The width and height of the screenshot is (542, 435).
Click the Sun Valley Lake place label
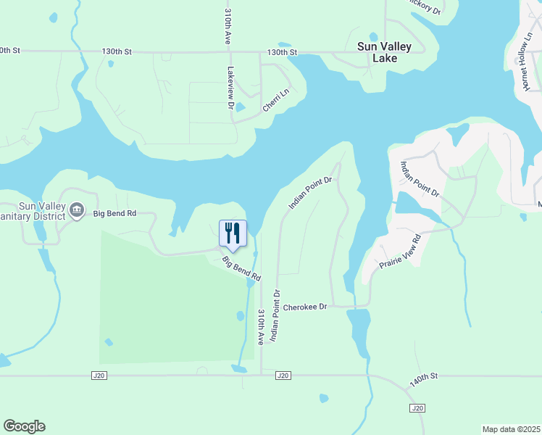point(384,52)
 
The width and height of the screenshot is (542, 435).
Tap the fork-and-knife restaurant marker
point(233,233)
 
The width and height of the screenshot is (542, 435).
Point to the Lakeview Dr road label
point(230,88)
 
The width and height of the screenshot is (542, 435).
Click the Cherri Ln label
point(275,99)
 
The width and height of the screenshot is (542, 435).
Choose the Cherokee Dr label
point(305,307)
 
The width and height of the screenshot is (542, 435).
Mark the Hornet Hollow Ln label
point(525,66)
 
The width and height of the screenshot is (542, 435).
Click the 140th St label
point(424,378)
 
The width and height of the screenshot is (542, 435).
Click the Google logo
point(24,426)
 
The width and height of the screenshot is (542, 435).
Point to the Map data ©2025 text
point(512,429)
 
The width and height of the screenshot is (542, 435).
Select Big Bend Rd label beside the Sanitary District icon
point(115,213)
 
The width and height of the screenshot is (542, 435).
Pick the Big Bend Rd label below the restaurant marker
point(241,269)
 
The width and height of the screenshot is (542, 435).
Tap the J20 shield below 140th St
point(417,409)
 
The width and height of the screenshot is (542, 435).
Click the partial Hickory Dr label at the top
point(423,7)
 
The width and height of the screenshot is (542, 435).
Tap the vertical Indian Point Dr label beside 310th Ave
point(275,315)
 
